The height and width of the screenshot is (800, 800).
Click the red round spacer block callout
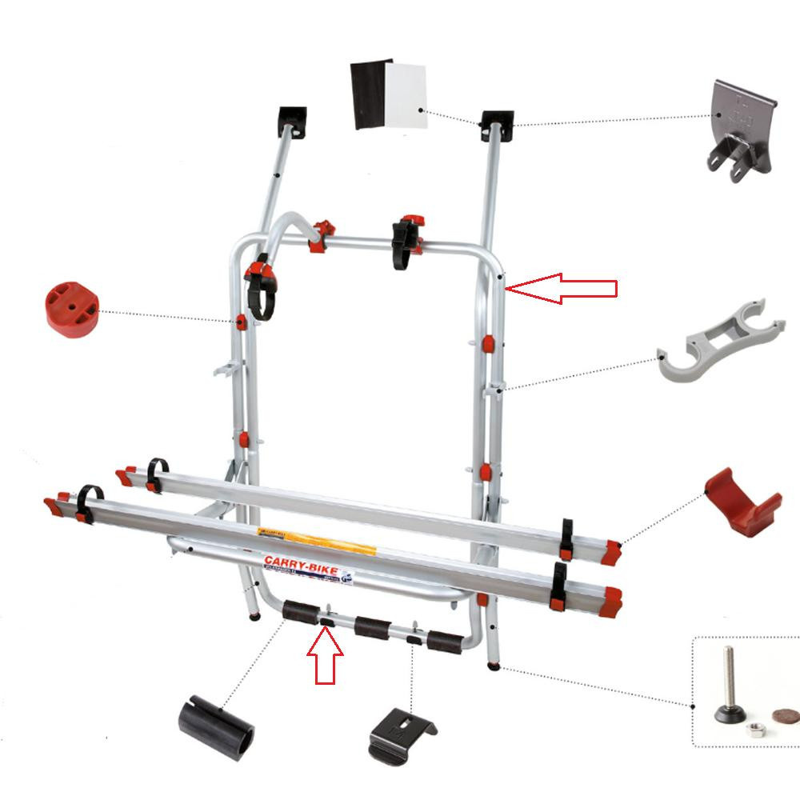pyautogui.click(x=71, y=305)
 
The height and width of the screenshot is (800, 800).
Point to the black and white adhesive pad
pyautogui.click(x=389, y=94)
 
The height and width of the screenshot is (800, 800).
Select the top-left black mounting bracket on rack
pyautogui.click(x=293, y=121)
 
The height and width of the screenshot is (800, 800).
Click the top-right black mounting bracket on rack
pyautogui.click(x=496, y=124)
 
